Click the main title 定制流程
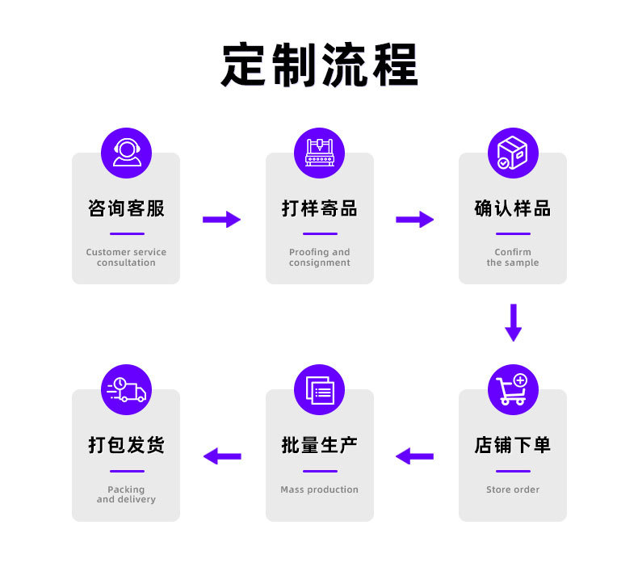click(x=319, y=65)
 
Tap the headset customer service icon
click(x=126, y=153)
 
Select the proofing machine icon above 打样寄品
click(x=319, y=153)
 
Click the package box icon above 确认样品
click(x=512, y=153)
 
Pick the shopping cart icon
click(x=512, y=390)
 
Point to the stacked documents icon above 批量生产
click(x=319, y=390)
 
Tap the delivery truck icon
click(x=126, y=390)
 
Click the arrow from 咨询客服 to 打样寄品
click(x=221, y=219)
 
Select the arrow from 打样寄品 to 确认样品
click(x=414, y=219)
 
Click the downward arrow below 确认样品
click(x=513, y=322)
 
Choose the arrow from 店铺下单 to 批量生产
click(x=414, y=456)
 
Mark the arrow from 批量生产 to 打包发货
click(x=221, y=456)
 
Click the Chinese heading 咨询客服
click(x=126, y=208)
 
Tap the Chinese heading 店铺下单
click(x=512, y=445)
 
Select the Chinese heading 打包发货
click(x=126, y=445)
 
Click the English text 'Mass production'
click(x=319, y=489)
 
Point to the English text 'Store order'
click(x=512, y=489)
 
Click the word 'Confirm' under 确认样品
click(x=513, y=252)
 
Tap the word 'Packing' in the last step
click(x=126, y=489)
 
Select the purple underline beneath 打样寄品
click(x=319, y=234)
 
